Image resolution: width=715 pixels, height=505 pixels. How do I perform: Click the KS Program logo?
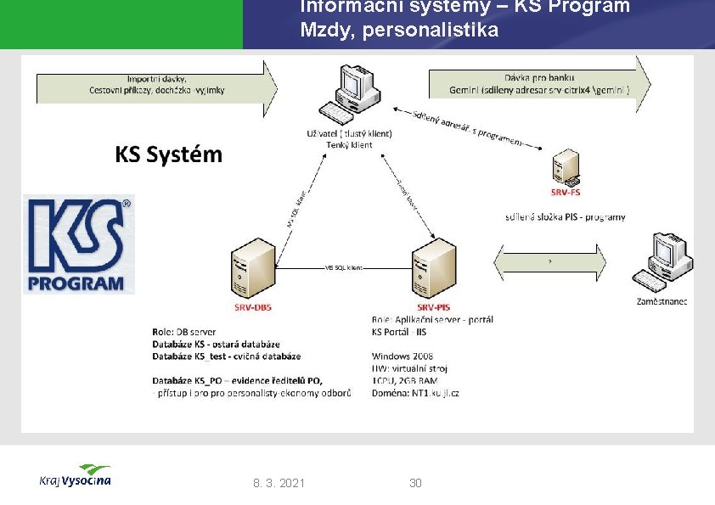78,245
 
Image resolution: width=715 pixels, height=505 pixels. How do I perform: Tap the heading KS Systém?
169,154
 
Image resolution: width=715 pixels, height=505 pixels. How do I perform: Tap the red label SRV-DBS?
252,306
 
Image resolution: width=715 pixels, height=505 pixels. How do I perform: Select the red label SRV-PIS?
433,306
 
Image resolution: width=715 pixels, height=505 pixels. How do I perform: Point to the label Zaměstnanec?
662,301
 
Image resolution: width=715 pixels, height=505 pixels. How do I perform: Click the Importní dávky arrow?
157,86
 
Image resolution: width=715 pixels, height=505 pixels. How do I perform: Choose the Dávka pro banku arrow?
538,83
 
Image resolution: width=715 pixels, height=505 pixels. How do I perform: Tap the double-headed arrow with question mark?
549,263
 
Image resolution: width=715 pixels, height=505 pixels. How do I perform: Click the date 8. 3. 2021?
279,483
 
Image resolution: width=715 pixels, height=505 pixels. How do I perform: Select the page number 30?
415,483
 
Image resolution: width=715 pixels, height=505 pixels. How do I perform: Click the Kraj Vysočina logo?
75,476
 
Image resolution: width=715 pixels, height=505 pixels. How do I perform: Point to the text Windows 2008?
403,356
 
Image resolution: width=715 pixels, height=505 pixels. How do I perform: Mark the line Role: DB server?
184,332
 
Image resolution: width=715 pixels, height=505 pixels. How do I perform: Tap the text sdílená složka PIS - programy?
565,216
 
